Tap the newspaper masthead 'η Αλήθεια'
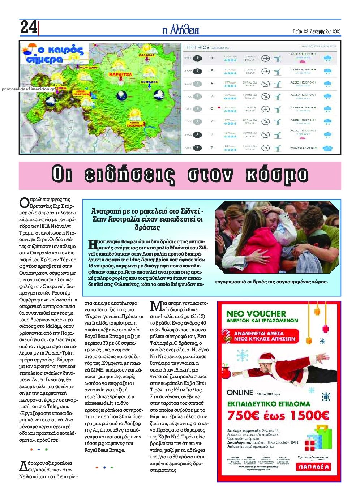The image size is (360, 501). click(181, 30)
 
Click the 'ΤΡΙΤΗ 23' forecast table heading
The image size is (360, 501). click(197, 47)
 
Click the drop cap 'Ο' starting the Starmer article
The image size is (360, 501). click(24, 202)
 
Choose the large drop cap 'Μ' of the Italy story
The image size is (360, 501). click(155, 306)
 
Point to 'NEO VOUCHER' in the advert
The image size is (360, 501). click(256, 313)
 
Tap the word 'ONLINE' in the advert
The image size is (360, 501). click(240, 393)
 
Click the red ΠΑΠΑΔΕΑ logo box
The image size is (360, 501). click(313, 467)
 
